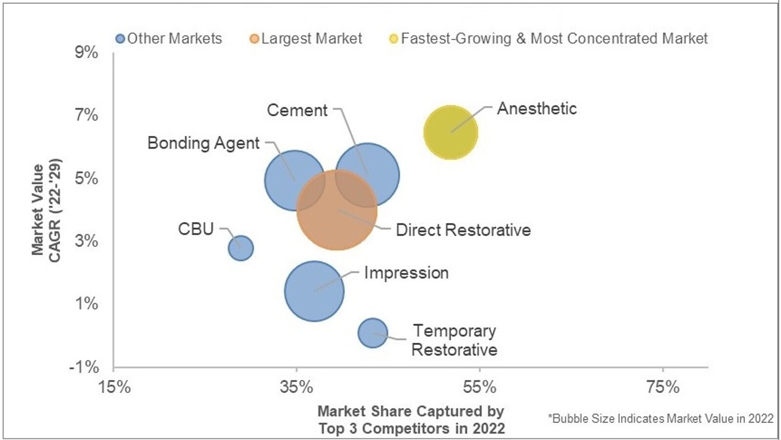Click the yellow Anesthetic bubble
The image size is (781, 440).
pos(450,132)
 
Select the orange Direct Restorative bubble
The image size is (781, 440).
pos(337,210)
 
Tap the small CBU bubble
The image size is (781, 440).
pos(240,248)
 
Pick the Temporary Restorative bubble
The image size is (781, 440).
pos(372,333)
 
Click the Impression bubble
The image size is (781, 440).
pos(314,291)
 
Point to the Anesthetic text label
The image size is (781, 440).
pos(537,109)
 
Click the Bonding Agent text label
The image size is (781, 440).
pos(203,143)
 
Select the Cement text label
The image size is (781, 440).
pos(297,110)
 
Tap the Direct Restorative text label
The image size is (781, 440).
pos(463,230)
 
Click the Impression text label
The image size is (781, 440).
pos(406,273)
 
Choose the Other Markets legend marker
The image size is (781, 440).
pos(120,39)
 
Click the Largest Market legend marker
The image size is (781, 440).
pos(254,39)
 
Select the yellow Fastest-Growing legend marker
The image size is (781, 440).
pos(393,39)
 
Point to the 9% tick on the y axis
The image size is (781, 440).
pos(87,52)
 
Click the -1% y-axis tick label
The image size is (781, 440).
pos(84,367)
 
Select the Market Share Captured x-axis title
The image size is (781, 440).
pos(411,420)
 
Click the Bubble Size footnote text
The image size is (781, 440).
pos(661,418)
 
